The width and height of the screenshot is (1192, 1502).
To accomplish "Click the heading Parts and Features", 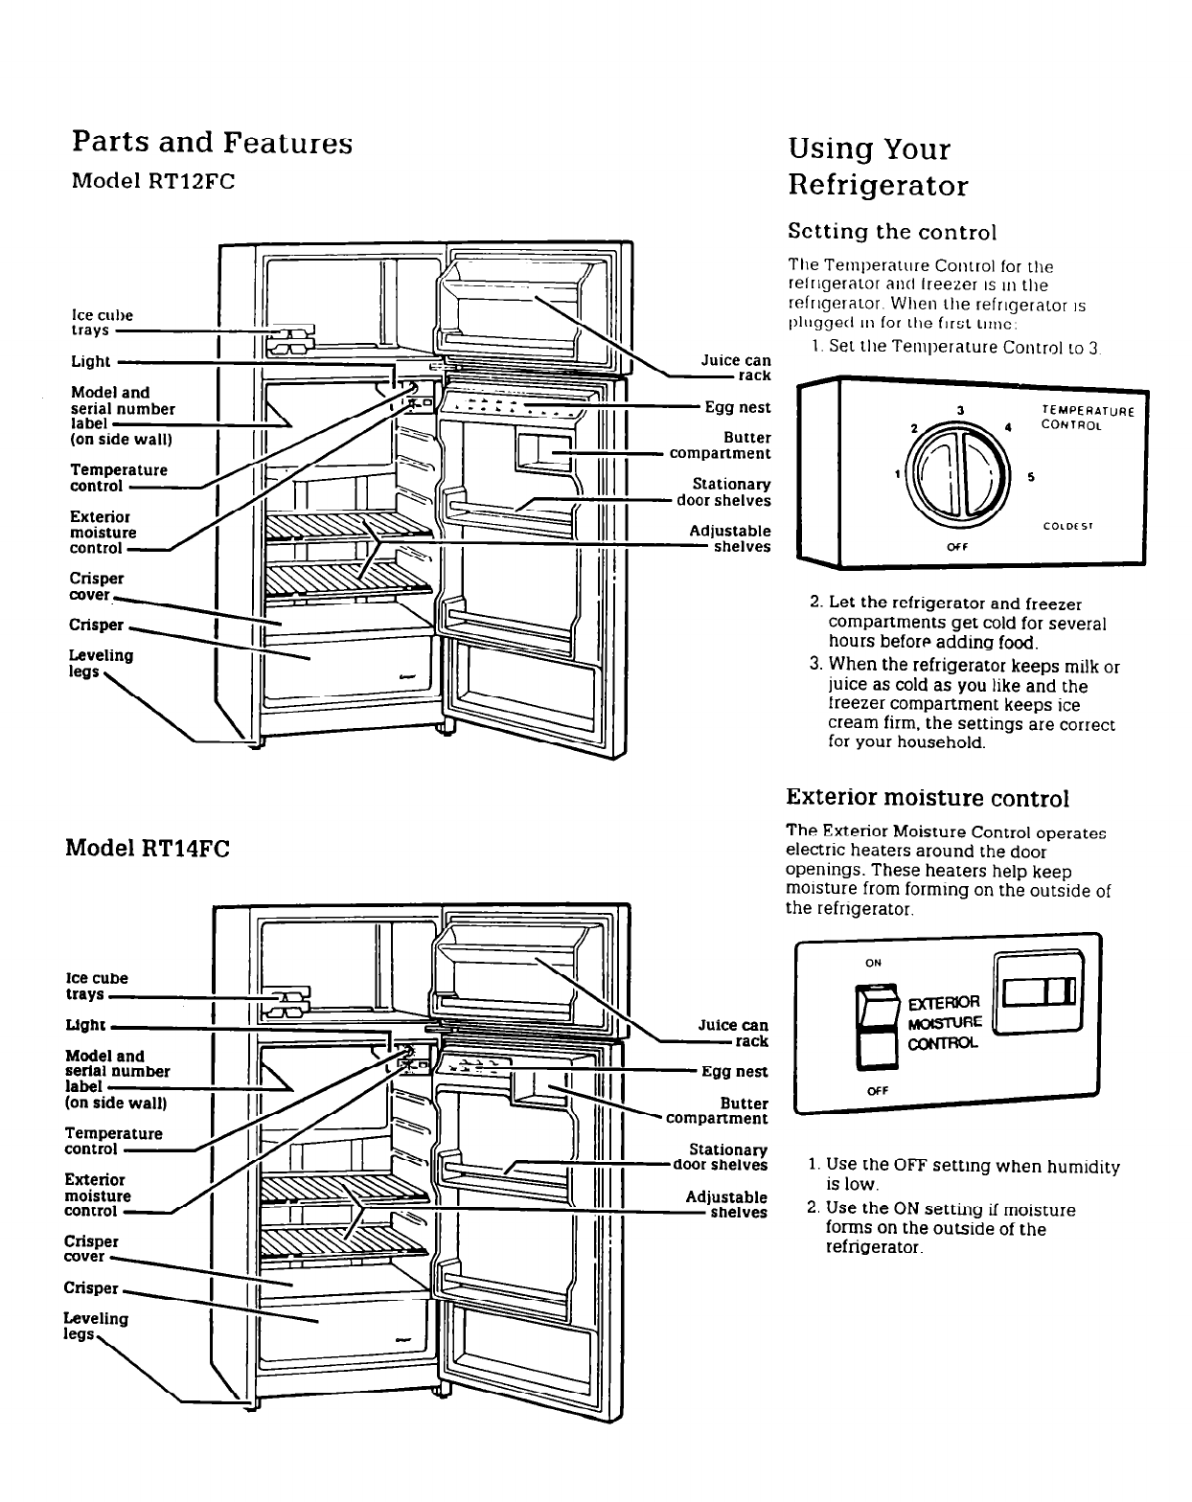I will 212,143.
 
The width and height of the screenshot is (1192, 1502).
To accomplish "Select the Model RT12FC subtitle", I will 153,182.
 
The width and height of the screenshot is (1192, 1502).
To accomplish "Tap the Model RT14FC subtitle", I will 148,849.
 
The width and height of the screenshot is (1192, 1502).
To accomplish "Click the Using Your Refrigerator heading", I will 877,167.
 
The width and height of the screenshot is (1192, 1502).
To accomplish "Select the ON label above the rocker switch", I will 873,963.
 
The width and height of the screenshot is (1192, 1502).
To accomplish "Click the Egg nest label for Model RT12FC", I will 737,407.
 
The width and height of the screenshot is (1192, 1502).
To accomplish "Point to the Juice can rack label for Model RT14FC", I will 733,1034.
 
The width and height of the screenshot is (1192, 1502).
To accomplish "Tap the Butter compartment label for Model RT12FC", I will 721,445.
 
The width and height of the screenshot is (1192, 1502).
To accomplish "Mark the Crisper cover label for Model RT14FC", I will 91,1248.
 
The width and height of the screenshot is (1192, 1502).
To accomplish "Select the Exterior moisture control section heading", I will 927,798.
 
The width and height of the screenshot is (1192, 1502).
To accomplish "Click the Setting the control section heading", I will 891,232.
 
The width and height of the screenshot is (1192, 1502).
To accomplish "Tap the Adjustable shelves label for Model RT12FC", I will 729,538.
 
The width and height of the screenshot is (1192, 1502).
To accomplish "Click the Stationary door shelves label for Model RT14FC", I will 721,1157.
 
